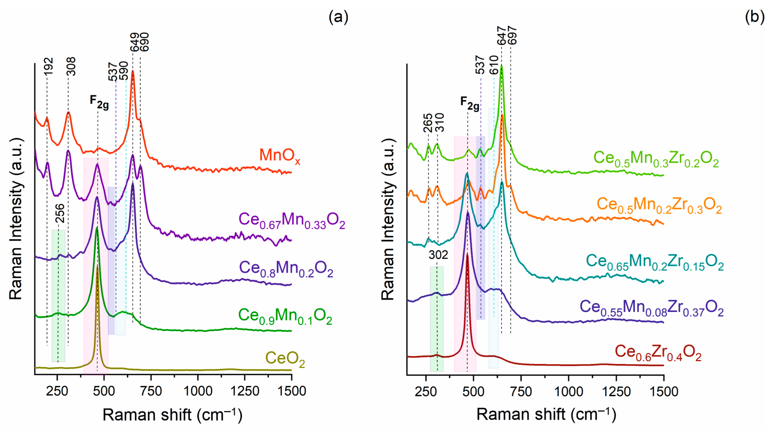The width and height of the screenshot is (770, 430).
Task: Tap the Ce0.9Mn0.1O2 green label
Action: click(285, 316)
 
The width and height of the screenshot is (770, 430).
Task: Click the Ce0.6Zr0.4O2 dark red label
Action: click(658, 353)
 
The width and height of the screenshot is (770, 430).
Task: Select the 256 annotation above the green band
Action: click(60, 213)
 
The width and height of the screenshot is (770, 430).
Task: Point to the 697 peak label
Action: click(512, 36)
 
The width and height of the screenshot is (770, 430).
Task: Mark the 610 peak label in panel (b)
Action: click(494, 65)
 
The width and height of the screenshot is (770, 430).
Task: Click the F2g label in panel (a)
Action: click(99, 102)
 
